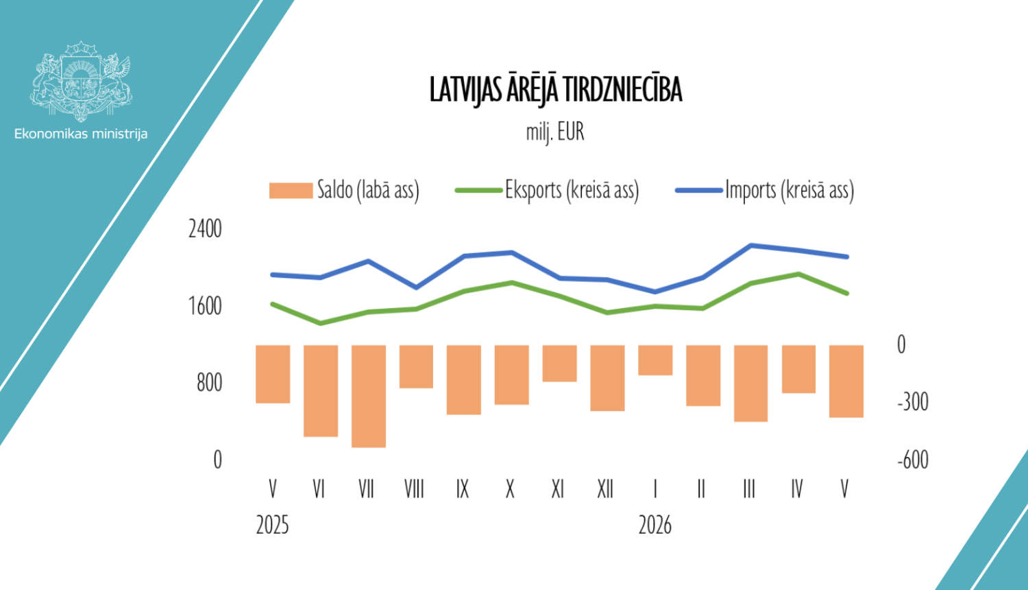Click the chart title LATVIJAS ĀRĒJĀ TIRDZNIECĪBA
(x=556, y=89)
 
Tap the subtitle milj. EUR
(x=555, y=132)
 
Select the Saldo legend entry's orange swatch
(x=291, y=191)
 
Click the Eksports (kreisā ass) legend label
(x=572, y=190)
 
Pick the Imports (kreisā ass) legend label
(x=790, y=190)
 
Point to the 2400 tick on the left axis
(x=205, y=228)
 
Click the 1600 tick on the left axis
(x=205, y=305)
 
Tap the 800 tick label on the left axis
(x=209, y=382)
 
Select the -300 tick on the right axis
(x=912, y=401)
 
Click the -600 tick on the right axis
(x=912, y=460)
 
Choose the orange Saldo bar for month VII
(x=369, y=396)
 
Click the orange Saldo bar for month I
(x=655, y=360)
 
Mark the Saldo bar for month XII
(x=607, y=378)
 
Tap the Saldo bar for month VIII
(x=416, y=366)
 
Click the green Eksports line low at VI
(x=320, y=324)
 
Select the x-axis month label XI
(x=558, y=489)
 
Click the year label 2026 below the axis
(x=655, y=526)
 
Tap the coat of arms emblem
(x=82, y=82)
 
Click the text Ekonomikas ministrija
(x=81, y=134)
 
